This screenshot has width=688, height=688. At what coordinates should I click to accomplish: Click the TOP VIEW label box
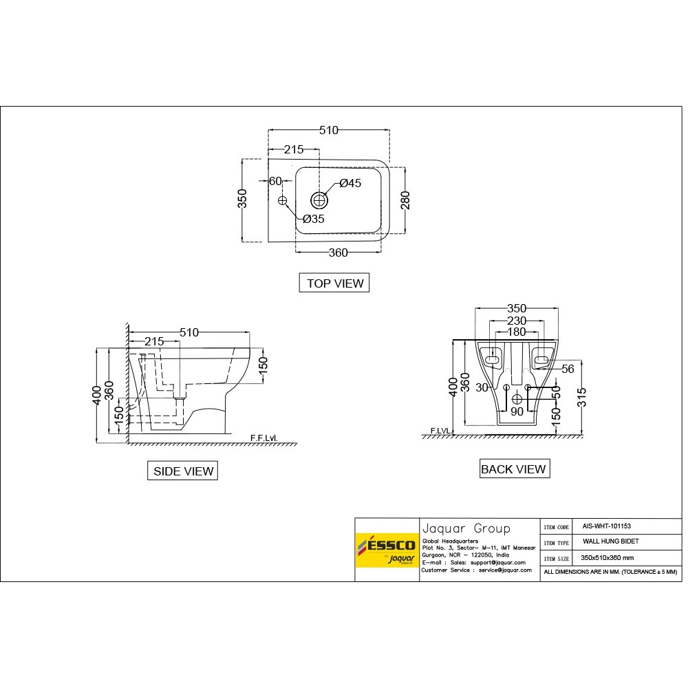[335, 283]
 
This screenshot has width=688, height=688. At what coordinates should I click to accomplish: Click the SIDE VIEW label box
[183, 471]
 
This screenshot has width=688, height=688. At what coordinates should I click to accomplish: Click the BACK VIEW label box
[513, 469]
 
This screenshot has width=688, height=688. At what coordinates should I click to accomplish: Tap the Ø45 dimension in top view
[350, 183]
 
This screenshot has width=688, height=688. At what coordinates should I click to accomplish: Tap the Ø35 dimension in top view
[313, 219]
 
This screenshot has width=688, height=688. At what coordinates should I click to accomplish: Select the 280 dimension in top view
[405, 200]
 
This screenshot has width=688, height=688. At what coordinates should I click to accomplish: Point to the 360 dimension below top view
[338, 252]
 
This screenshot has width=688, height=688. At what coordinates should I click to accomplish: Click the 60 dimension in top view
[275, 182]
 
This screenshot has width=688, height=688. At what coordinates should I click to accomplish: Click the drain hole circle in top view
[319, 200]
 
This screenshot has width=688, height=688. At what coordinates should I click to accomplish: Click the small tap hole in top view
[282, 200]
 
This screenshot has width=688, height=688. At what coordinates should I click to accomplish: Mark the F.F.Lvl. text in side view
[264, 438]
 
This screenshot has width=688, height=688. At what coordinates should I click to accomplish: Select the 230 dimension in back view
[516, 321]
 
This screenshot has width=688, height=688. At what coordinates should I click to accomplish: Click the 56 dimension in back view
[568, 369]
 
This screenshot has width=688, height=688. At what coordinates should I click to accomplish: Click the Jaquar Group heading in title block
[466, 528]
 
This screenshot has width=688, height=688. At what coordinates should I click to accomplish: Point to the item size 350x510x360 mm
[607, 558]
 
